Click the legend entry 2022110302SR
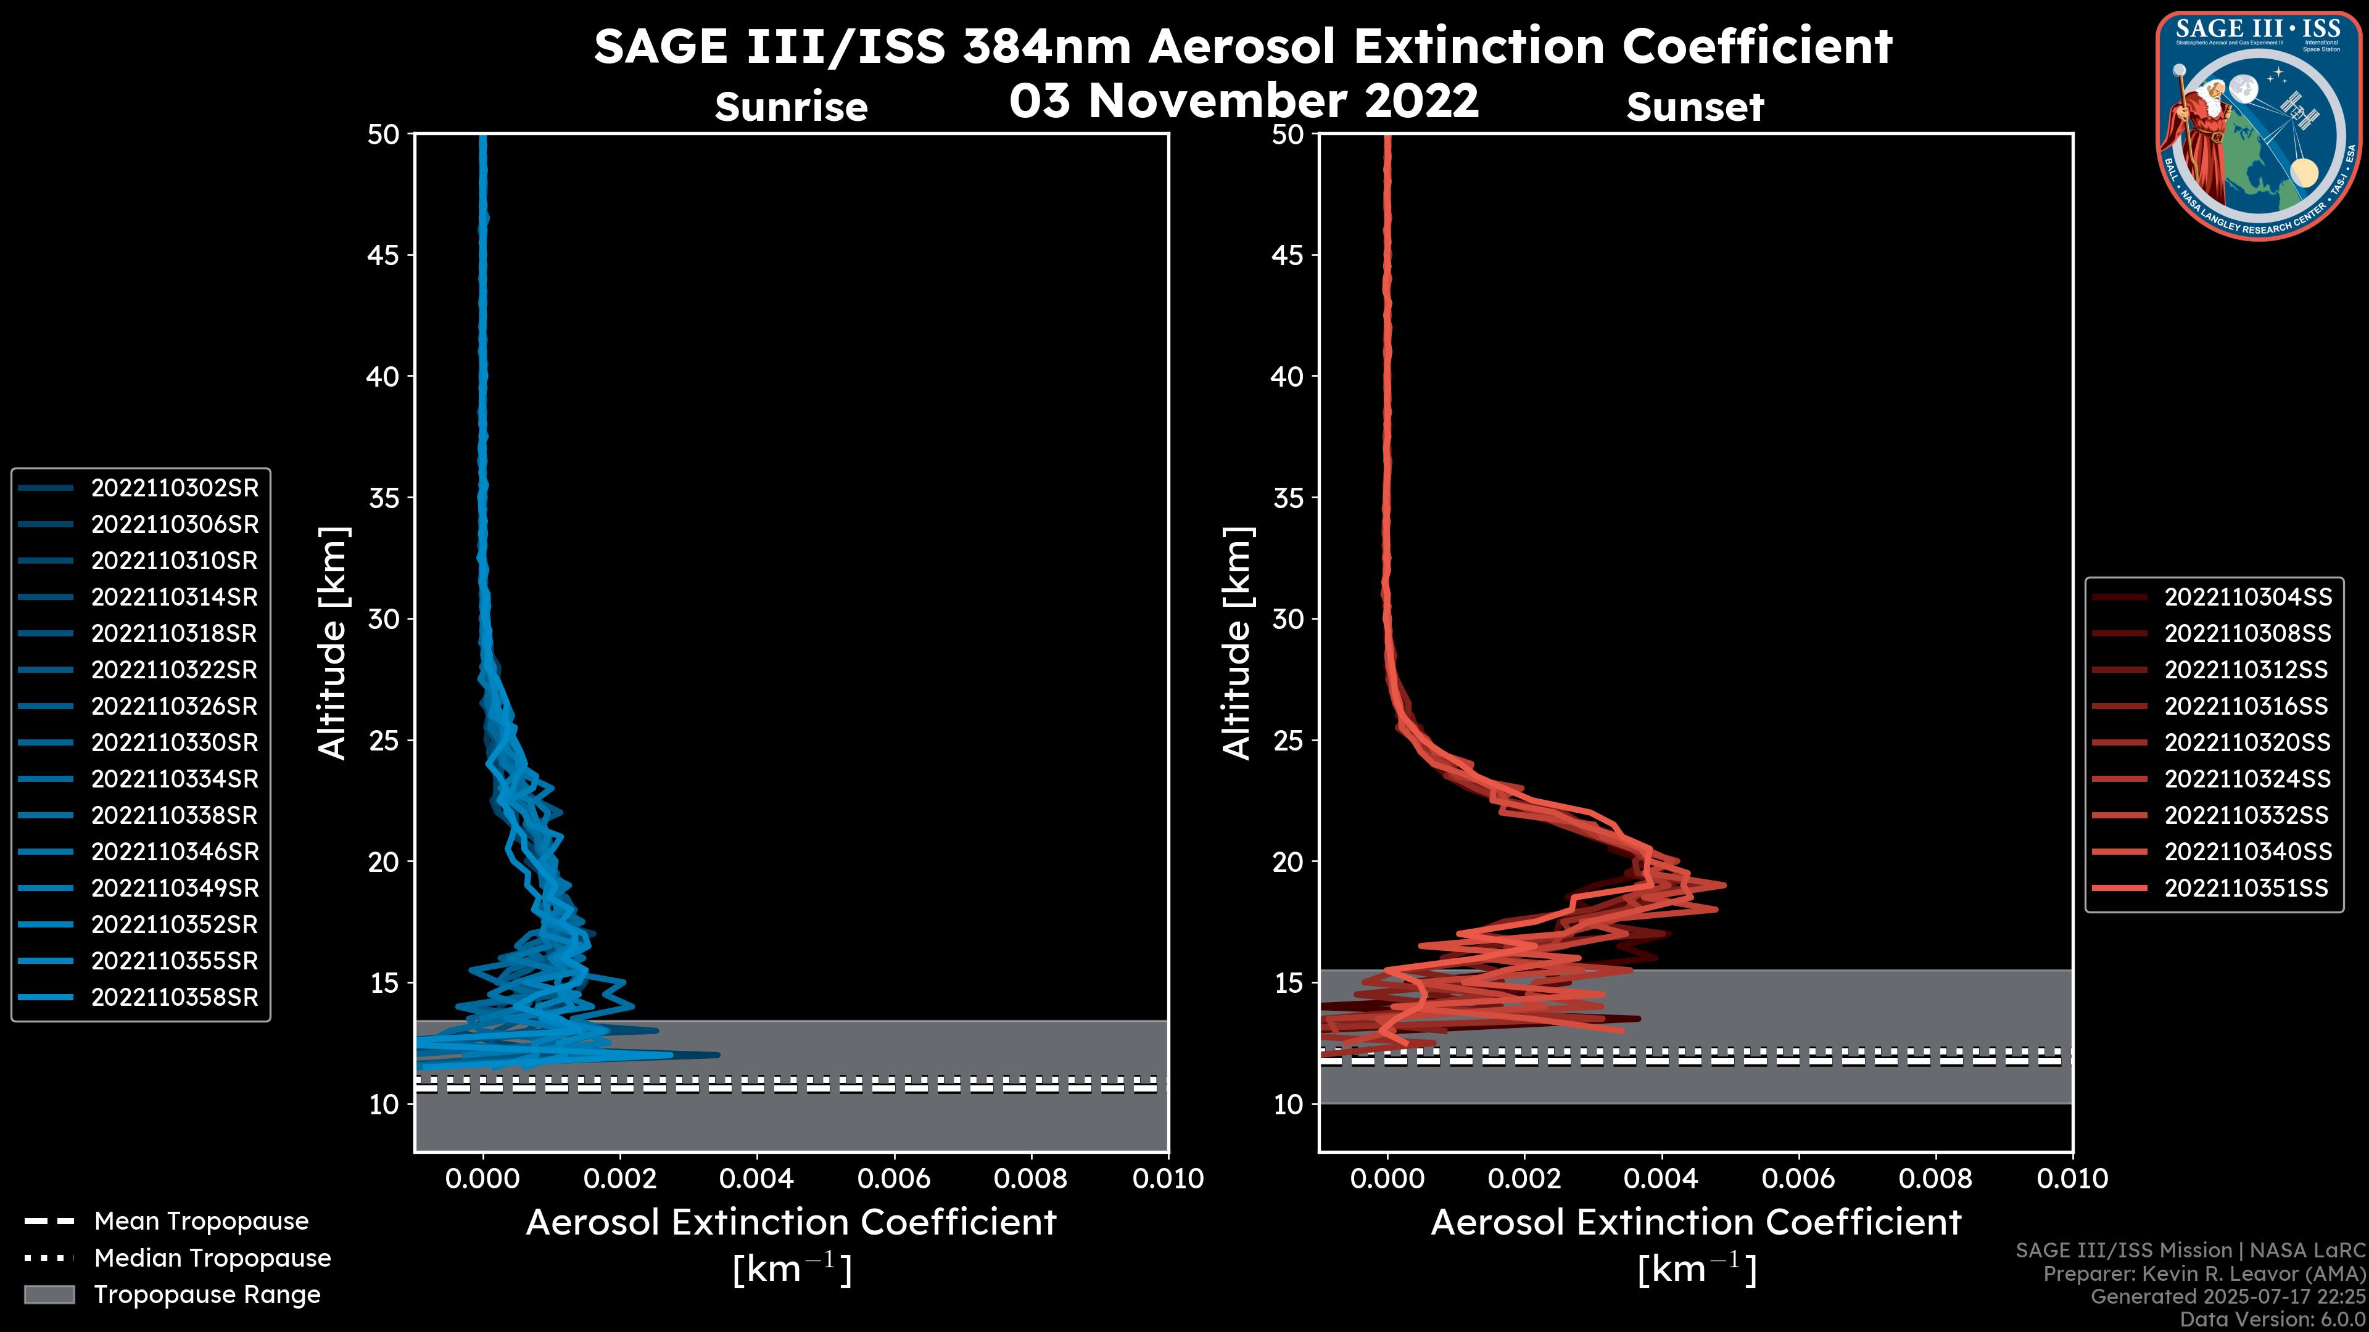coord(175,488)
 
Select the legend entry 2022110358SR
coord(175,997)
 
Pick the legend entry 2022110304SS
coord(2247,598)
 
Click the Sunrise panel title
coord(791,107)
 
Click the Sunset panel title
coord(1695,107)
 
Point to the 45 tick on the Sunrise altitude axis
coord(384,255)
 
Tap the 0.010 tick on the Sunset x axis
coord(2072,1178)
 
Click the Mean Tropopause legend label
coord(201,1222)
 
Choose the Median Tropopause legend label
coord(212,1259)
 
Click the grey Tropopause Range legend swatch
coord(49,1294)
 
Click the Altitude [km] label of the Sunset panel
coord(1237,643)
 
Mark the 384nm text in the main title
coord(1046,46)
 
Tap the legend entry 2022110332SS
coord(2247,815)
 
